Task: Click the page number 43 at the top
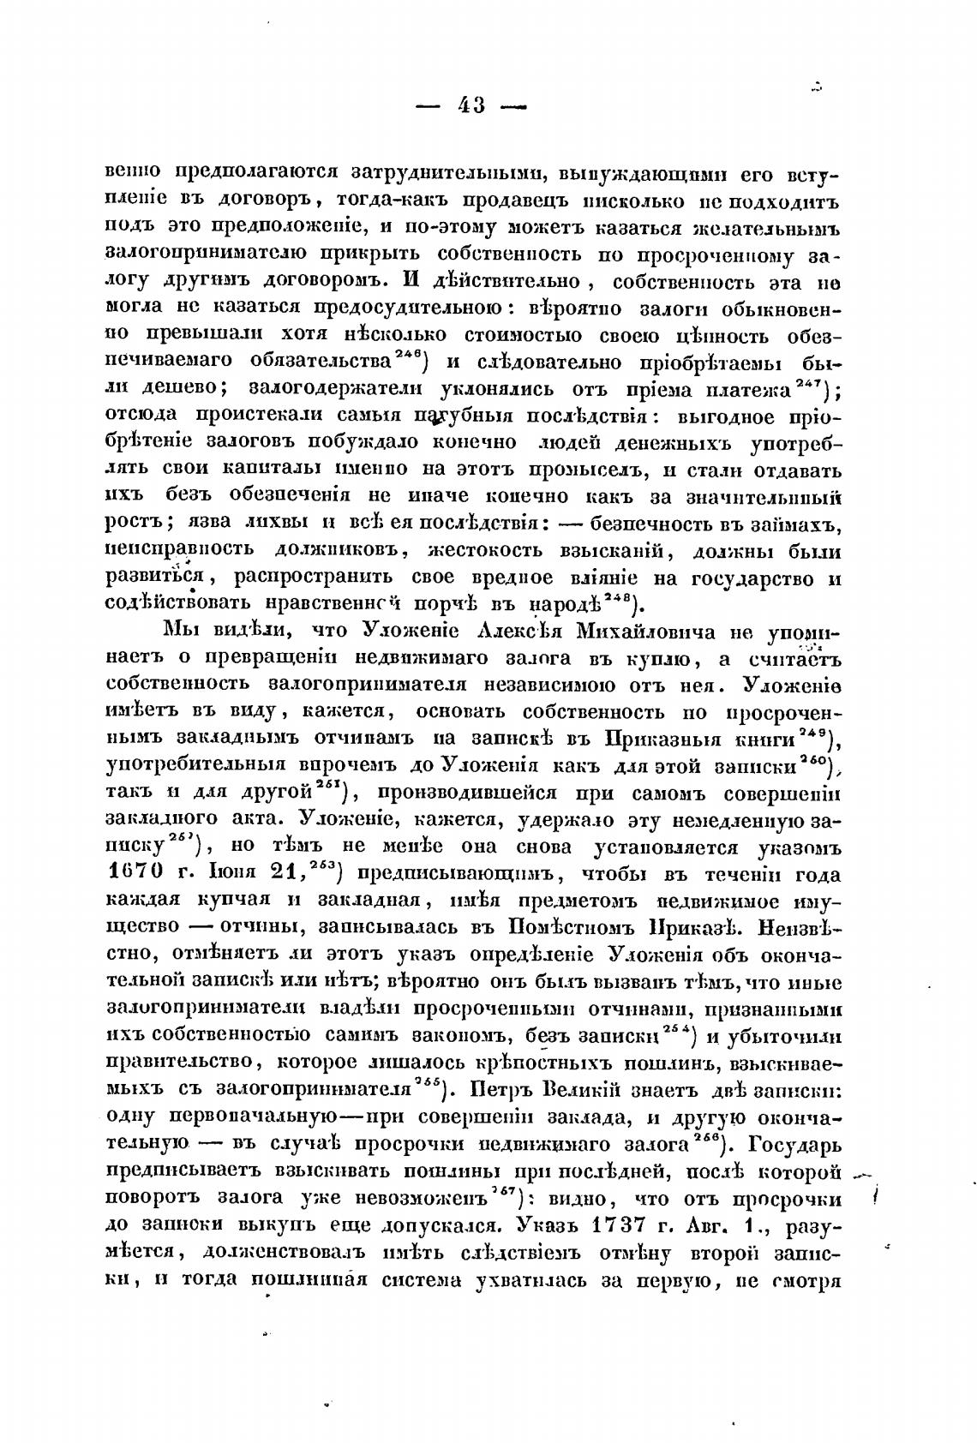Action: pos(471,105)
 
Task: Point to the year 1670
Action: pos(142,875)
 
